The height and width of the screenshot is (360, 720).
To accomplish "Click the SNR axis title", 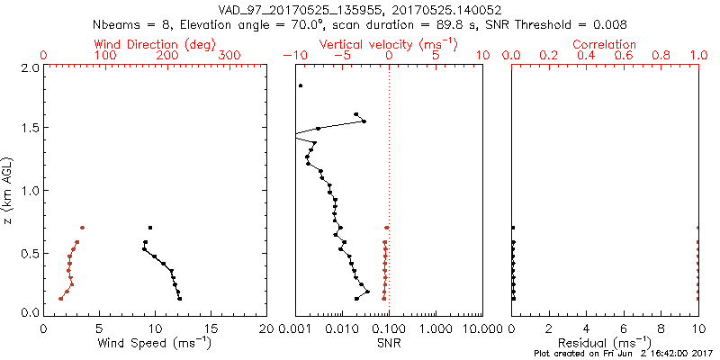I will click(389, 342).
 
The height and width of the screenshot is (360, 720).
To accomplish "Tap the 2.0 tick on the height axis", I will click(29, 67).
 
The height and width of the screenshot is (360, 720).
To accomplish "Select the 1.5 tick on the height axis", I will click(29, 129).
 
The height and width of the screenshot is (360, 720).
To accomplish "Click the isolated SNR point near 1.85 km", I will click(301, 85).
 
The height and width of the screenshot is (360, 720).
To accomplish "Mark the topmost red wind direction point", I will click(82, 228).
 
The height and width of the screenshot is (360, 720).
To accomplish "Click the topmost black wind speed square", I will click(150, 228).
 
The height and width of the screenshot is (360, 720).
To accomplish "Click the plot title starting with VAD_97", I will click(360, 10).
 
